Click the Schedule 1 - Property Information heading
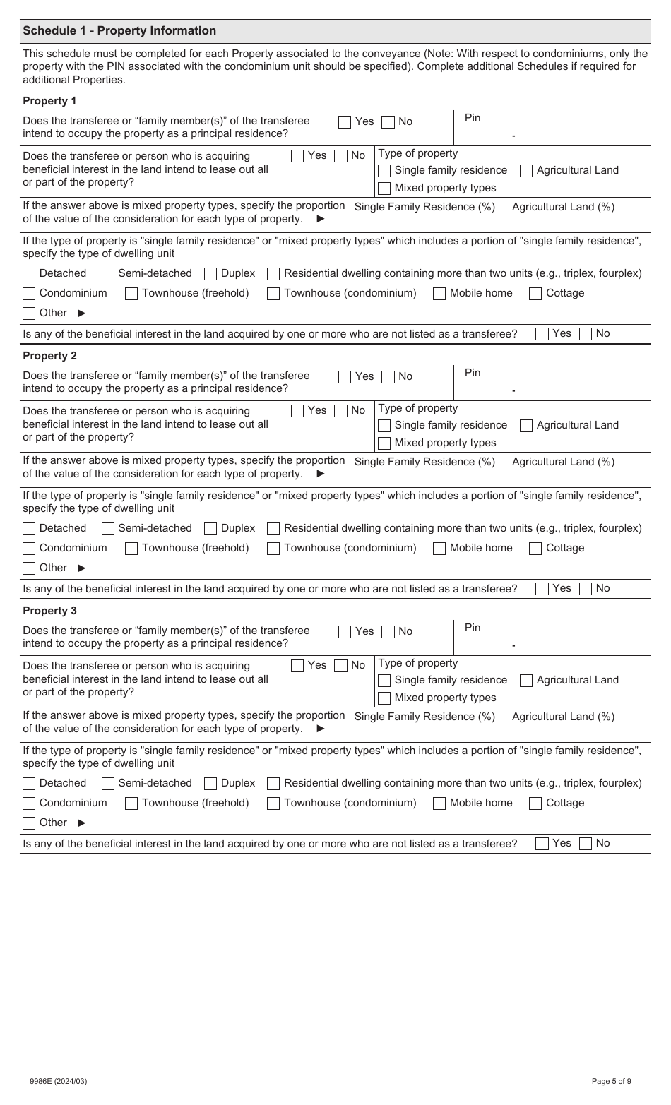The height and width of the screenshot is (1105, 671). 119,31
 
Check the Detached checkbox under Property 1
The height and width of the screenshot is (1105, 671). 29,274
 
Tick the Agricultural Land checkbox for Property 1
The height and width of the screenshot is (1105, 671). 526,171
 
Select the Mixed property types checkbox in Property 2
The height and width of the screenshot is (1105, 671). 384,443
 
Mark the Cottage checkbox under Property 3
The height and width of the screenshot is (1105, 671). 535,804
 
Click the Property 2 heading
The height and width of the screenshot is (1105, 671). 49,356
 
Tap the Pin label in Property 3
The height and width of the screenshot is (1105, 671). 473,628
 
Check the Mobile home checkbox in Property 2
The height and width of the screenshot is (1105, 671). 439,549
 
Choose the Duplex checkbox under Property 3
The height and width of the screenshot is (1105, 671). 210,784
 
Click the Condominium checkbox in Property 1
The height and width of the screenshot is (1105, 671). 29,294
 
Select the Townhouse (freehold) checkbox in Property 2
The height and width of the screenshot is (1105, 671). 131,549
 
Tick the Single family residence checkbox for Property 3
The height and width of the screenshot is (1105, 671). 384,681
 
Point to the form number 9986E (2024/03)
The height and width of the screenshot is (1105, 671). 59,1081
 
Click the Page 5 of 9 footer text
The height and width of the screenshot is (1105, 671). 611,1081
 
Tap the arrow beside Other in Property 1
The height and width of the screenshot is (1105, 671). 82,313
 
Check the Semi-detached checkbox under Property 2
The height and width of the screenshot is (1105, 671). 108,529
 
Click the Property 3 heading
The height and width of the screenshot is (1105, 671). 49,611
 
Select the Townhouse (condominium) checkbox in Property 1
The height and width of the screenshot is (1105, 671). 273,294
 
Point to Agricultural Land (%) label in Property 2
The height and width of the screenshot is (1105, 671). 563,462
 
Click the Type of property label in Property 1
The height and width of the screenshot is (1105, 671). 418,153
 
